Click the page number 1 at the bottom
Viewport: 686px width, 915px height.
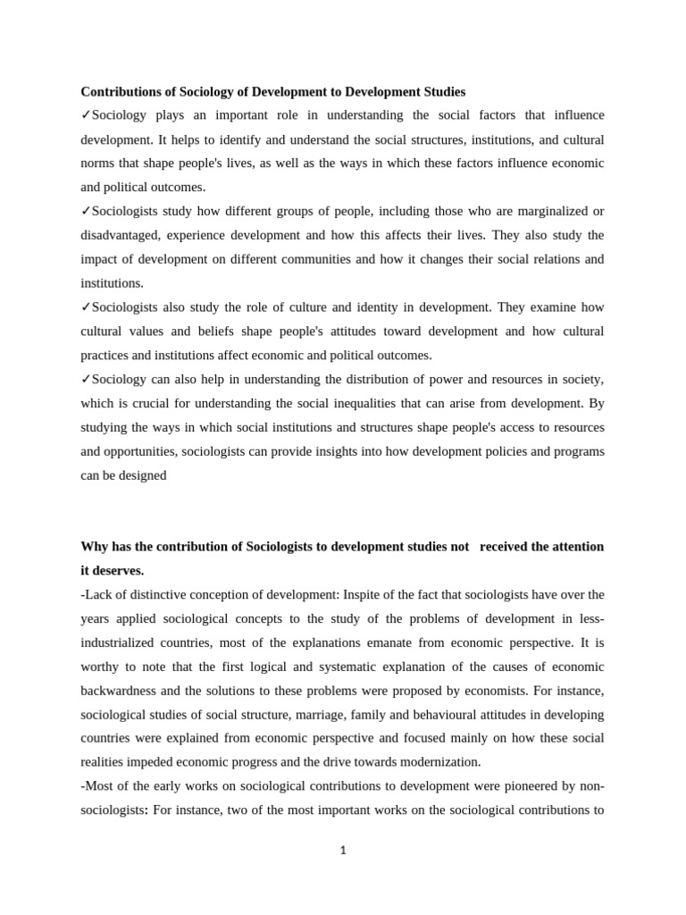point(343,850)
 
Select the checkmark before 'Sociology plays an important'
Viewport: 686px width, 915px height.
point(86,115)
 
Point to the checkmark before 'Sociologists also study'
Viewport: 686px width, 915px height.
point(86,307)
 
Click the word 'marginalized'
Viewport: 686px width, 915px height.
point(553,211)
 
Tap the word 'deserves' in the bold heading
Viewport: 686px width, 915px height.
point(118,570)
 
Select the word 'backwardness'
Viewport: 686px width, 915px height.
point(119,691)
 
